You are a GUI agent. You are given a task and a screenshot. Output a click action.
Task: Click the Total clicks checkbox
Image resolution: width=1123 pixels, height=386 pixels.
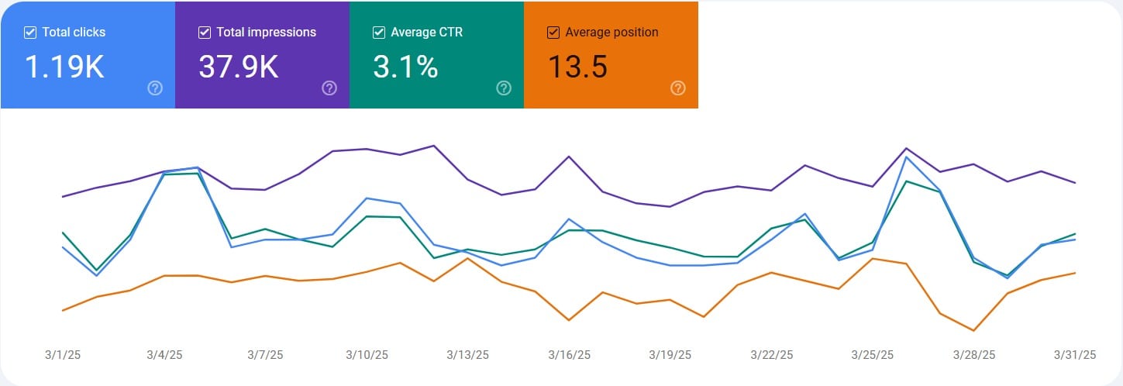[x=30, y=33]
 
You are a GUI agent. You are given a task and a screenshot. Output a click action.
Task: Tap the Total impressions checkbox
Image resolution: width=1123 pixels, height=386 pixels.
[x=205, y=33]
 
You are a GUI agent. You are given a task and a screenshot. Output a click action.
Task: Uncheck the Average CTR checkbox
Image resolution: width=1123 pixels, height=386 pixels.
[x=379, y=33]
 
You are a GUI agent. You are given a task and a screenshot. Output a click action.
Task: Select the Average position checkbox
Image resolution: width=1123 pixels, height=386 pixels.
[x=553, y=33]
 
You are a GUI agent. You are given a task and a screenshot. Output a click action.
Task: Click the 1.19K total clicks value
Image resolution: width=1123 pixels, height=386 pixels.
[x=64, y=67]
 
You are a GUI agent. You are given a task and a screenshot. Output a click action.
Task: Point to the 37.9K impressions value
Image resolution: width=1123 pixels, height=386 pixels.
[x=239, y=67]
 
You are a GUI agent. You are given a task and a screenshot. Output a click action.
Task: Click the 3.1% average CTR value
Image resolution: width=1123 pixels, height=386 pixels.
[x=405, y=67]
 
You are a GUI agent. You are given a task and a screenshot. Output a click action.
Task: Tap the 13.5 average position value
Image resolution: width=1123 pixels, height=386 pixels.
[x=577, y=67]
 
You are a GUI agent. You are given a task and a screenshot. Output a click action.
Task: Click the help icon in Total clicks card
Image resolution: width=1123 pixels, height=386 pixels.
[x=155, y=88]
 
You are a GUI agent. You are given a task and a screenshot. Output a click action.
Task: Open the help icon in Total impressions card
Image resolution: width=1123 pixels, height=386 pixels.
[x=329, y=88]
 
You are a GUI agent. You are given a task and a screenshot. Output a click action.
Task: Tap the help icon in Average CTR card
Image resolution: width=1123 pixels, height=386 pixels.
[x=504, y=88]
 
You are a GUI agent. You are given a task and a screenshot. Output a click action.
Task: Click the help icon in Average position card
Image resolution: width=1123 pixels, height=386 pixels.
[x=678, y=88]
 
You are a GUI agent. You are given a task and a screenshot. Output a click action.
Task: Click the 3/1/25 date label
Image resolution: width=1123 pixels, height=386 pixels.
[x=63, y=355]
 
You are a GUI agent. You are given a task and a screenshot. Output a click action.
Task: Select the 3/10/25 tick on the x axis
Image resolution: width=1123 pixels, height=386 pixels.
[x=367, y=355]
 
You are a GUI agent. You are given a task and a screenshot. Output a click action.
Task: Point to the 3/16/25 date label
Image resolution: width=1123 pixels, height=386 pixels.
[x=569, y=355]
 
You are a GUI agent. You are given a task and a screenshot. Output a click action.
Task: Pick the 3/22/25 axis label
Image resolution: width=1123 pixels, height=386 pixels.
[x=771, y=355]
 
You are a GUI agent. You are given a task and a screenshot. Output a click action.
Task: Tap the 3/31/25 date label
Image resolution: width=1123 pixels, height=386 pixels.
[x=1075, y=355]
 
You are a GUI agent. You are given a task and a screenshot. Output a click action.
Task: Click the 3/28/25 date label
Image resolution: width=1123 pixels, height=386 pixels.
[x=973, y=355]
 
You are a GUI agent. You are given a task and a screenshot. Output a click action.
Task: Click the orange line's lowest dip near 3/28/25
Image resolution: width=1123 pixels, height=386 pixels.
[x=973, y=331]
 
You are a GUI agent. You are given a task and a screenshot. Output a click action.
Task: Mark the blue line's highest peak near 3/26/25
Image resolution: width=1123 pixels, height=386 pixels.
[x=906, y=157]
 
